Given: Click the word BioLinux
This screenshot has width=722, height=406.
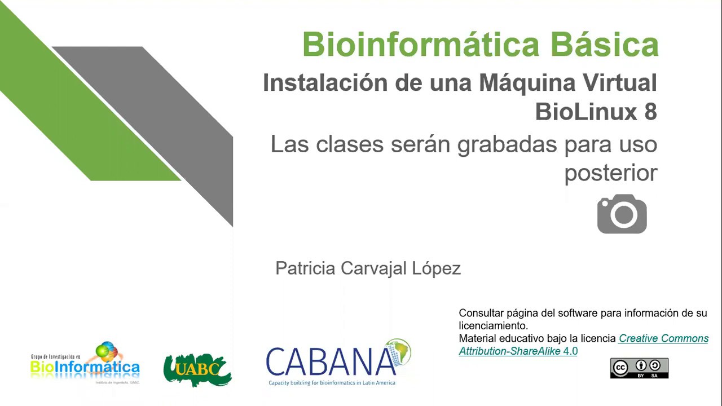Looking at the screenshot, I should pyautogui.click(x=585, y=112).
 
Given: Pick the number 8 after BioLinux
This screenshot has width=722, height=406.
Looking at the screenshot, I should pyautogui.click(x=650, y=112).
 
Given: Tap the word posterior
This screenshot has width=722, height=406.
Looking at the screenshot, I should pyautogui.click(x=611, y=173).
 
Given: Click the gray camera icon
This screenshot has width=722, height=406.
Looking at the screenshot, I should pyautogui.click(x=622, y=214).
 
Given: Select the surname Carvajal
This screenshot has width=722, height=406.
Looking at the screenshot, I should pyautogui.click(x=373, y=268).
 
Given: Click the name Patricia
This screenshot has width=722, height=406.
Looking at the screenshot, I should pyautogui.click(x=305, y=268).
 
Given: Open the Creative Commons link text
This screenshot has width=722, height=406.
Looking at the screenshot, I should pyautogui.click(x=663, y=338).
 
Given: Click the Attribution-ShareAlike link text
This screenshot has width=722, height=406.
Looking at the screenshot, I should pyautogui.click(x=509, y=351).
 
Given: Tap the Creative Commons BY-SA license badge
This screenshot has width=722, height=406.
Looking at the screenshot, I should pyautogui.click(x=639, y=368).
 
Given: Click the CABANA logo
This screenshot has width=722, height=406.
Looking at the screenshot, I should pyautogui.click(x=333, y=363).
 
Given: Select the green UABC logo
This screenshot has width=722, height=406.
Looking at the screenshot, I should pyautogui.click(x=197, y=370).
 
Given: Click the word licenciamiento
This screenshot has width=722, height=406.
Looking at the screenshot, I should pyautogui.click(x=492, y=326).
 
